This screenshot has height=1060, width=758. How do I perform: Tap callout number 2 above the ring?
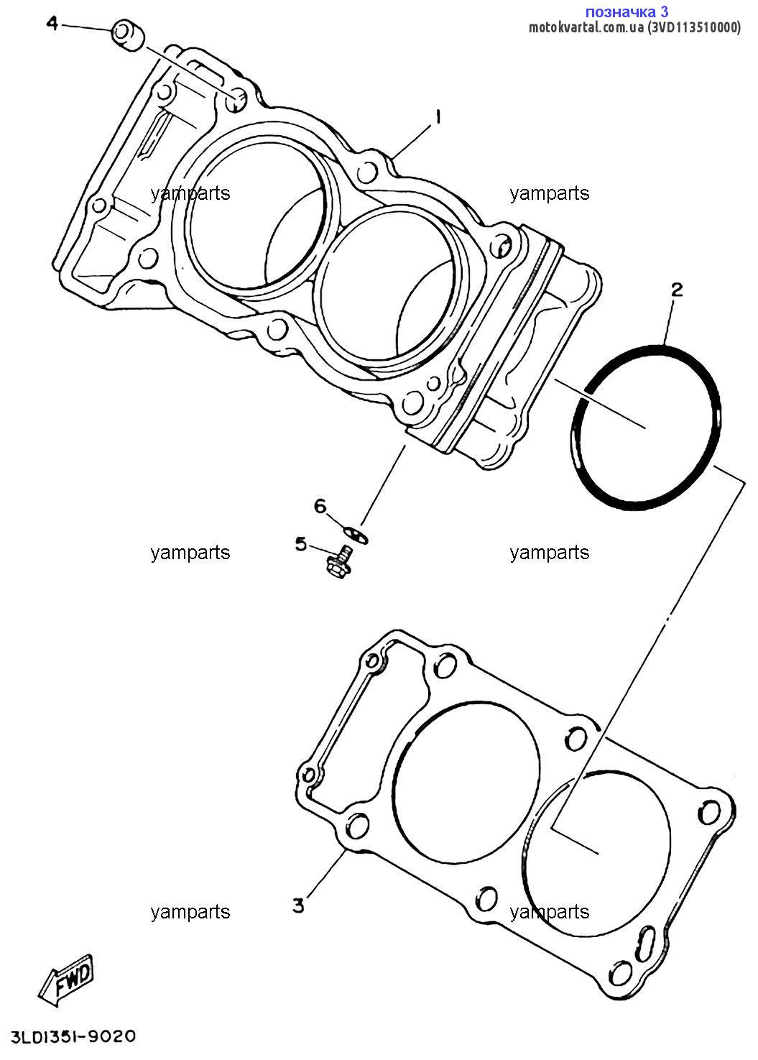pos(676,290)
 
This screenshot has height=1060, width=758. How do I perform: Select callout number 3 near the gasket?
pos(298,905)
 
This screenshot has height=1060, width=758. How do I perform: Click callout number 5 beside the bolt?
pos(300,544)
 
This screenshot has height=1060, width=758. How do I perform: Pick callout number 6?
pos(320,507)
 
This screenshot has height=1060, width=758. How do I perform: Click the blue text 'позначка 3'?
pos(627,11)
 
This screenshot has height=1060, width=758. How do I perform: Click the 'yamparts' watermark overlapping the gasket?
pos(550,912)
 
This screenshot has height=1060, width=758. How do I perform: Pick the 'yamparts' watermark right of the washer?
pos(550,553)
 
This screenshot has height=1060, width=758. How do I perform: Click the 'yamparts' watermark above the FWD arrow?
pos(190,912)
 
